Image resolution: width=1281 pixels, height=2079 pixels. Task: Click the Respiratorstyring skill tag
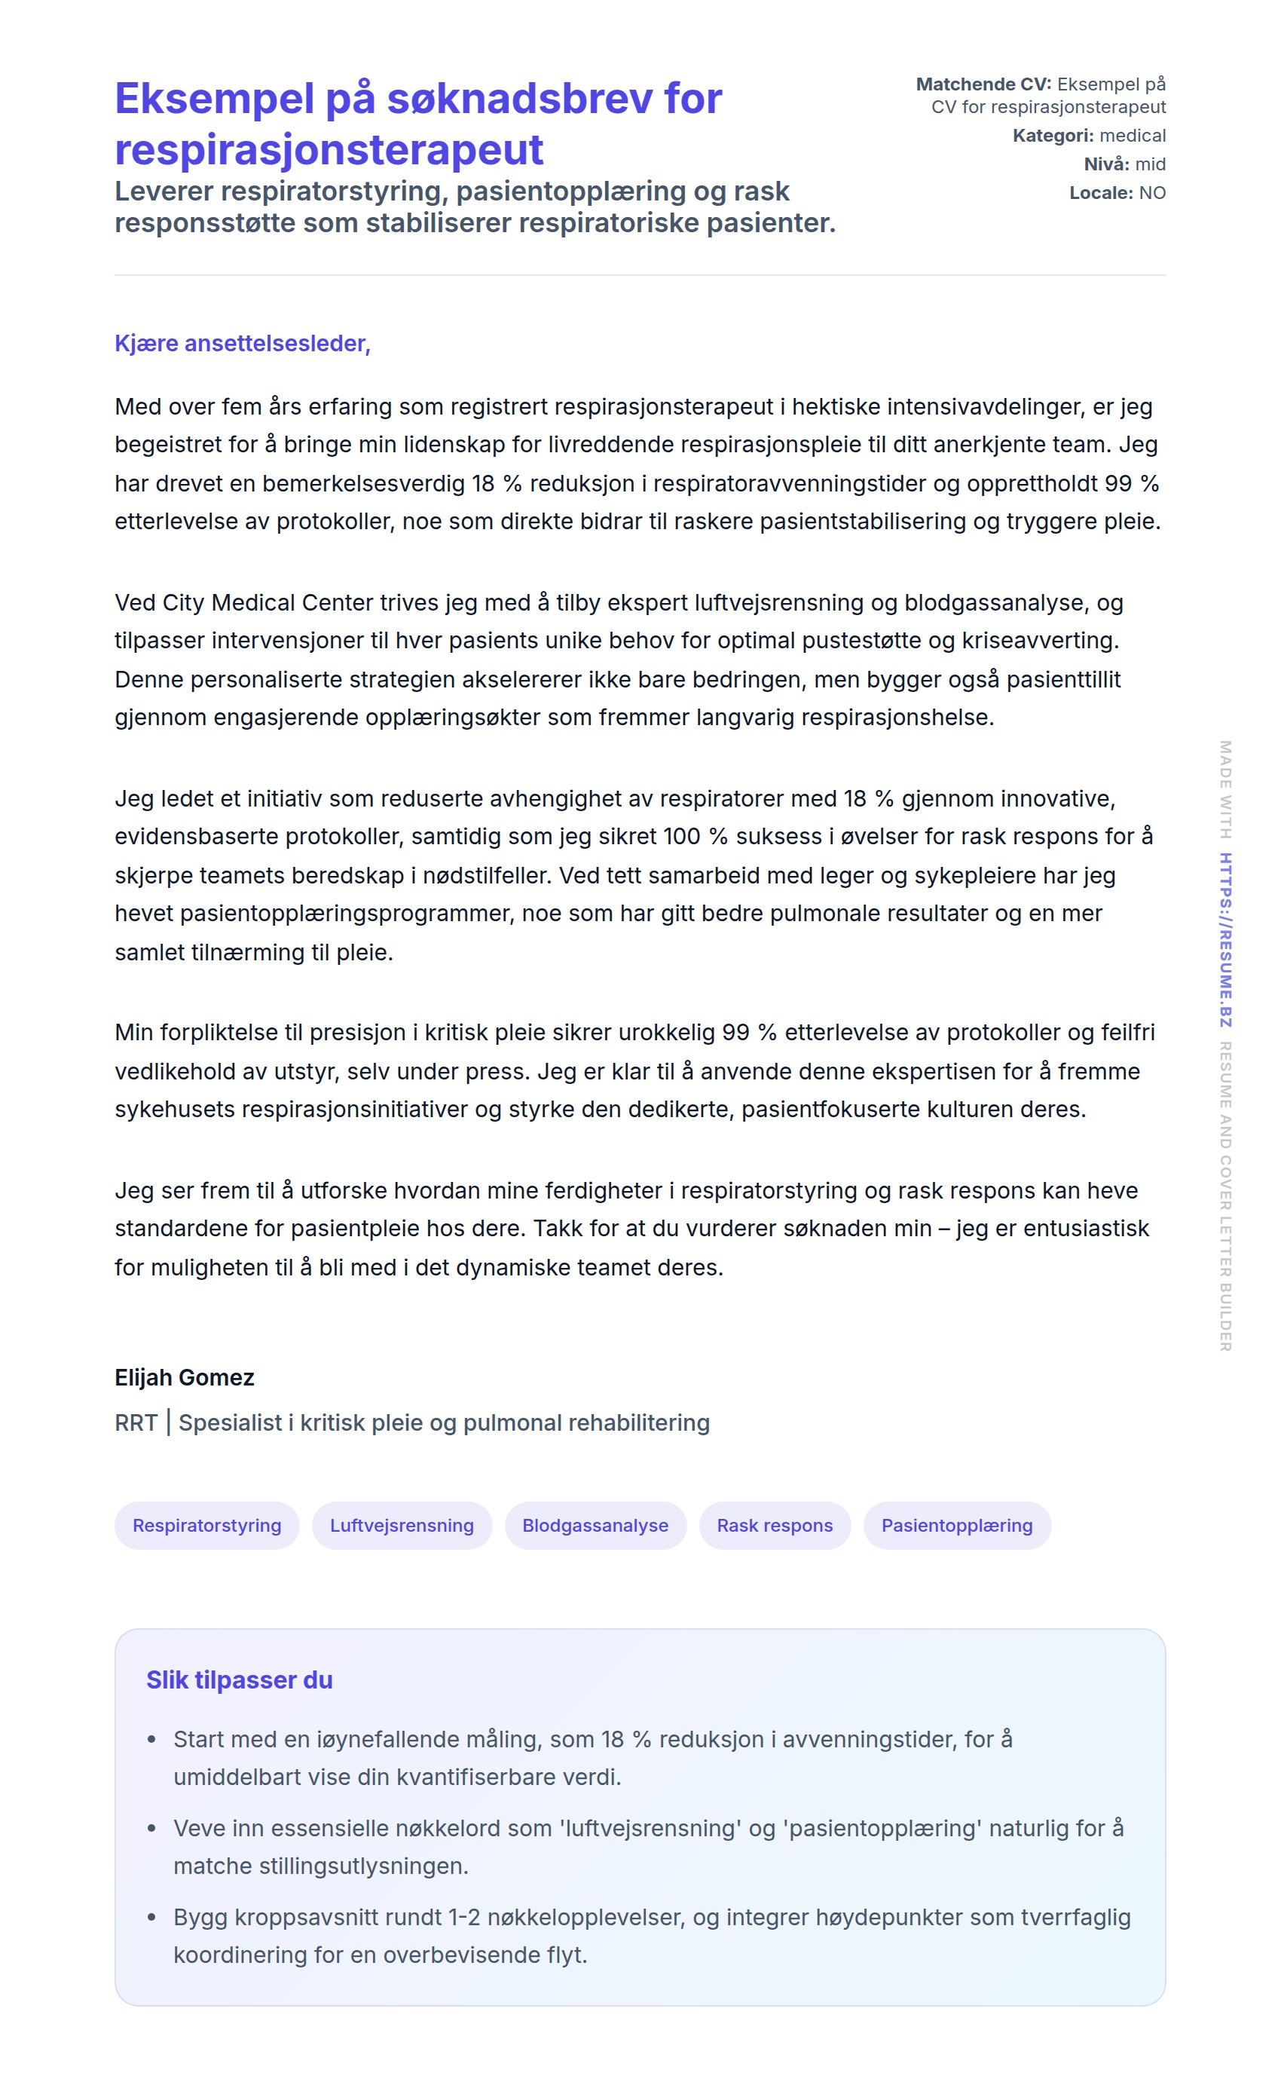pyautogui.click(x=206, y=1526)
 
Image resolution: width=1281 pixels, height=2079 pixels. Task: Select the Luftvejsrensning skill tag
pyautogui.click(x=402, y=1526)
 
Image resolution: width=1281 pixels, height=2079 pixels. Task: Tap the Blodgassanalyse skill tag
pyautogui.click(x=595, y=1526)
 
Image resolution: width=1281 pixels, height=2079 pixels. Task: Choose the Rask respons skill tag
pyautogui.click(x=775, y=1526)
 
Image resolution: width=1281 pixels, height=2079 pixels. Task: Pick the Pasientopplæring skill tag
pyautogui.click(x=956, y=1526)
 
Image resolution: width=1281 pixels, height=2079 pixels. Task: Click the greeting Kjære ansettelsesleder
pyautogui.click(x=243, y=343)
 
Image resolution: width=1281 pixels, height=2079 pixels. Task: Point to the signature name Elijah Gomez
pyautogui.click(x=185, y=1377)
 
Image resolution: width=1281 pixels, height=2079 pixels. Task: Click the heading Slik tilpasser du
pyautogui.click(x=239, y=1679)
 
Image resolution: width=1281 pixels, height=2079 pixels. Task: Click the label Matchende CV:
pyautogui.click(x=983, y=84)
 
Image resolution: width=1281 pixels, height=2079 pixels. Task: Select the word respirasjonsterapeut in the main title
pyautogui.click(x=329, y=150)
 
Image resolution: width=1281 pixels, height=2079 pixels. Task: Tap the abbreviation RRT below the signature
pyautogui.click(x=136, y=1423)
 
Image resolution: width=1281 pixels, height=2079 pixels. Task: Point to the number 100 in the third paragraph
pyautogui.click(x=681, y=837)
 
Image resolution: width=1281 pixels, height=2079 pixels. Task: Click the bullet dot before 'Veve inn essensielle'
pyautogui.click(x=151, y=1829)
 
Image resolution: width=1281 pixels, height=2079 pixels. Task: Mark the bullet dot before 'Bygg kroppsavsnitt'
pyautogui.click(x=151, y=1918)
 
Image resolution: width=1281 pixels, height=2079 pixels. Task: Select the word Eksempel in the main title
pyautogui.click(x=214, y=98)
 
